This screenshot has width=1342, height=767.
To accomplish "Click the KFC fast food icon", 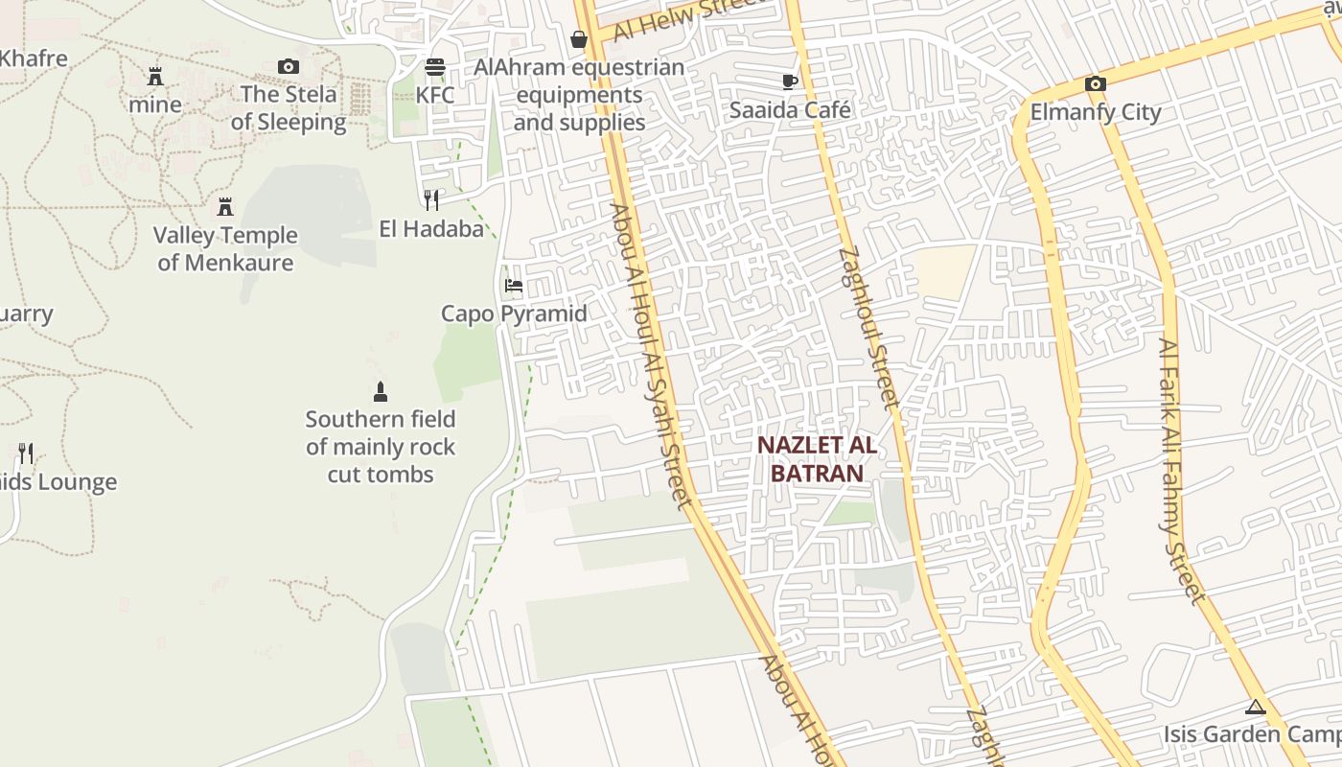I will (x=435, y=67).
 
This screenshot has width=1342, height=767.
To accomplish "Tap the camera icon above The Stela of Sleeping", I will (x=288, y=66).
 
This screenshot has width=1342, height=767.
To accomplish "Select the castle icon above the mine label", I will (x=154, y=76).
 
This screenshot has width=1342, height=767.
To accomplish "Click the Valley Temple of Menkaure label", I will (x=225, y=248).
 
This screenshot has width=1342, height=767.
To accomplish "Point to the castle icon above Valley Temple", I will (x=225, y=206).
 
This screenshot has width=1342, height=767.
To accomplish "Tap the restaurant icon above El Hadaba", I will (x=431, y=199).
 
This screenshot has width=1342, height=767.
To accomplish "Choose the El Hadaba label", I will (x=431, y=228).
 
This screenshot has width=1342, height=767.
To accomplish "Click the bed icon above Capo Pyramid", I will (x=514, y=286).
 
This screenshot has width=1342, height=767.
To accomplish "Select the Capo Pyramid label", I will (x=514, y=314).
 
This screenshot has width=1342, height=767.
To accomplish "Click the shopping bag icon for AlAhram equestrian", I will (x=579, y=39).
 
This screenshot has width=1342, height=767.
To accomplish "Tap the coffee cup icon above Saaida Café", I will (x=790, y=81).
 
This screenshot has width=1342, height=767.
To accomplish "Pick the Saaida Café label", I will (x=790, y=109).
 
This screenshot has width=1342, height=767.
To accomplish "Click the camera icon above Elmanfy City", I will (x=1096, y=83).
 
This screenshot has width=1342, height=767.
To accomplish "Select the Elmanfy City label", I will (x=1096, y=112).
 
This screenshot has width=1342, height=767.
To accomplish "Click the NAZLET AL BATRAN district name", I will (x=817, y=458).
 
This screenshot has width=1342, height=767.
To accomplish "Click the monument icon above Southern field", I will (x=381, y=391).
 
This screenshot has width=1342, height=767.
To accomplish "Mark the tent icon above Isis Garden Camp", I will (x=1255, y=708).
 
